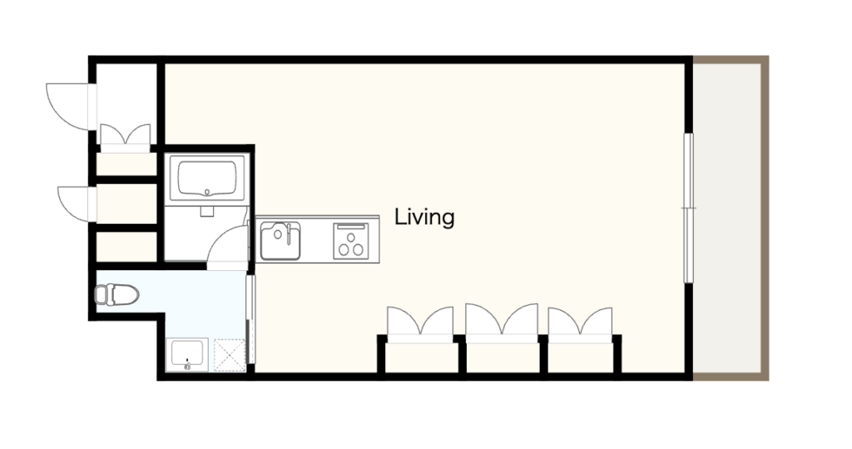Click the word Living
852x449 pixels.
pyautogui.click(x=424, y=217)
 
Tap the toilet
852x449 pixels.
pyautogui.click(x=116, y=295)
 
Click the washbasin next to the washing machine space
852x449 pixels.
pyautogui.click(x=186, y=354)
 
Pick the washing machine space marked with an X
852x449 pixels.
pyautogui.click(x=230, y=355)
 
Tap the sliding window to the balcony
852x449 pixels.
pyautogui.click(x=688, y=208)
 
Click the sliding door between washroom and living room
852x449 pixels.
pyautogui.click(x=250, y=320)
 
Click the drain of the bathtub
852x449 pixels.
pyautogui.click(x=207, y=191)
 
